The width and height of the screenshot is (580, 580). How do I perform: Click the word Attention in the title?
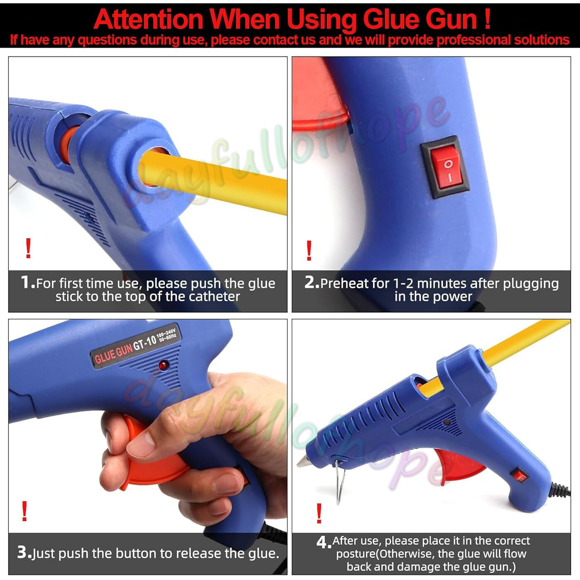click(x=148, y=19)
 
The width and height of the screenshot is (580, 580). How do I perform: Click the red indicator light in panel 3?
click(x=163, y=365)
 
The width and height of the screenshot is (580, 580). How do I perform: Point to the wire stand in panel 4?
click(x=340, y=481)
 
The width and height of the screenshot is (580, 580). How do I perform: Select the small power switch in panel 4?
click(x=520, y=476)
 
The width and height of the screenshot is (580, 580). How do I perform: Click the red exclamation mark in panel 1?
click(x=28, y=249)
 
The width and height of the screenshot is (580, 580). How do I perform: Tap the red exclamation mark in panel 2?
click(x=309, y=251)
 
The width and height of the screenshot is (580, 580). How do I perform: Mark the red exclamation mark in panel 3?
click(x=25, y=511)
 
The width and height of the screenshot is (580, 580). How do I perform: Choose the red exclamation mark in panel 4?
click(x=319, y=513)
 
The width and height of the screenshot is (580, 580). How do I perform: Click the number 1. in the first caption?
click(x=28, y=283)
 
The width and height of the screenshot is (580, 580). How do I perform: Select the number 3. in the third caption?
click(x=24, y=552)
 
